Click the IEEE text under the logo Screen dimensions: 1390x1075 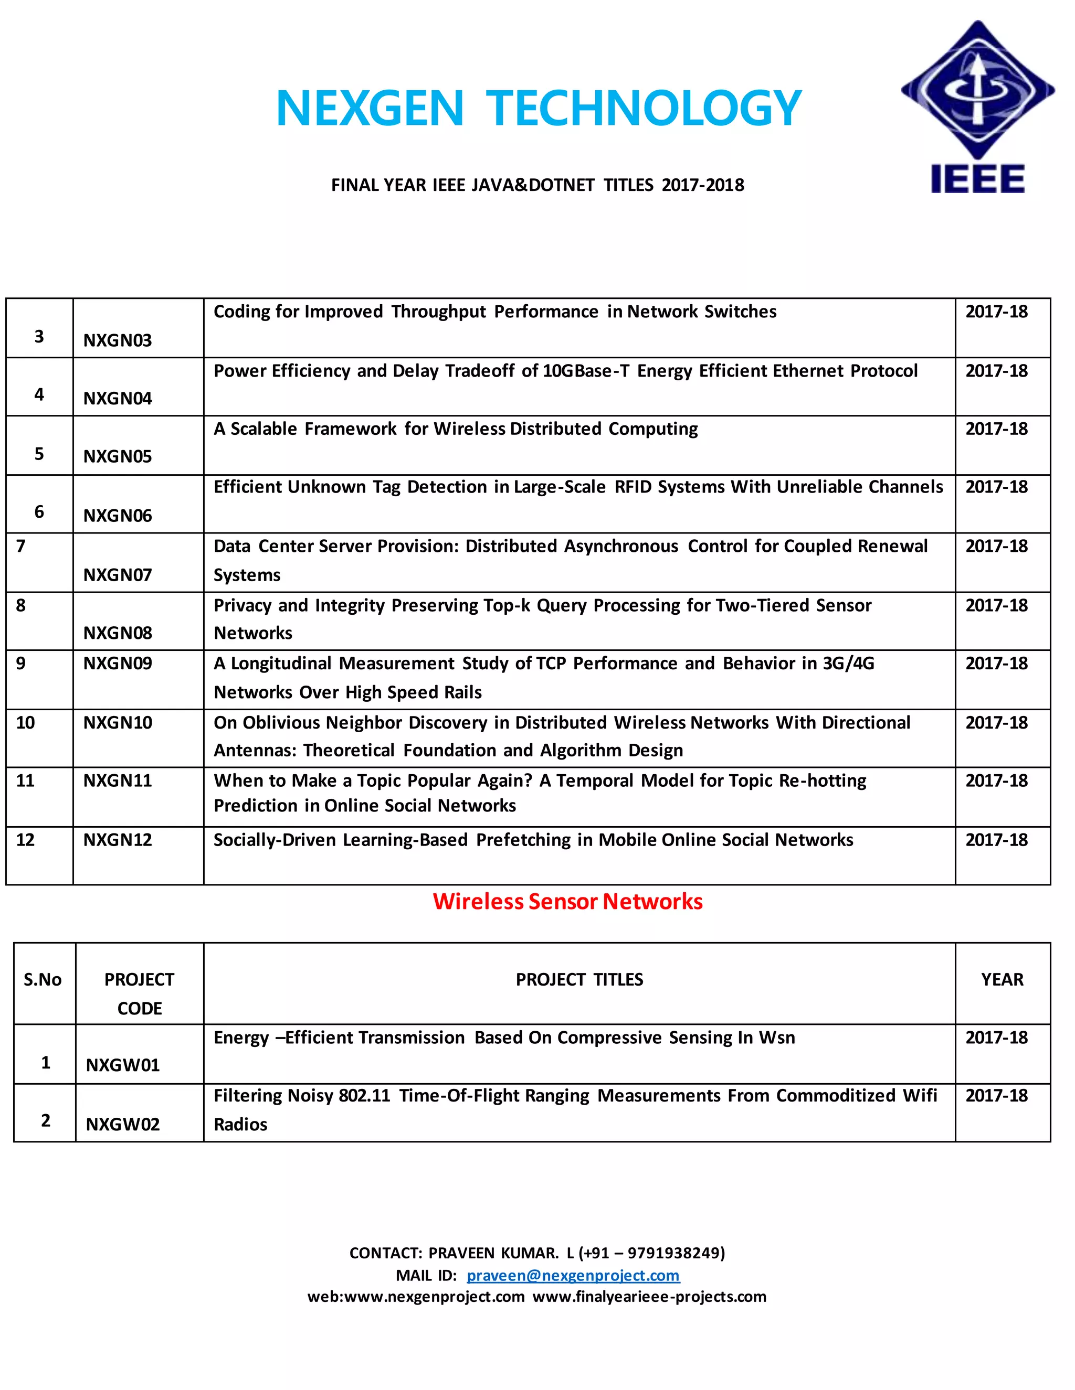[x=977, y=178]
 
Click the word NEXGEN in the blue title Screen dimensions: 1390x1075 [x=370, y=108]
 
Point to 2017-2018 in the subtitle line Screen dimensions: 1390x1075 [x=702, y=185]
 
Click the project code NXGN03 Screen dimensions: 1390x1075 [x=118, y=340]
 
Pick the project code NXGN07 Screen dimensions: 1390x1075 [x=118, y=575]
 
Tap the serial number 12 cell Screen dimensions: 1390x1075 [x=26, y=840]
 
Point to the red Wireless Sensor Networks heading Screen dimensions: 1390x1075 [x=567, y=901]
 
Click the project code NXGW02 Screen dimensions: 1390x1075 [x=123, y=1124]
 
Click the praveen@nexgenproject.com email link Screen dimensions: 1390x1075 [x=573, y=1276]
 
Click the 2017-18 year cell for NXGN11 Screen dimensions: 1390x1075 [x=996, y=781]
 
